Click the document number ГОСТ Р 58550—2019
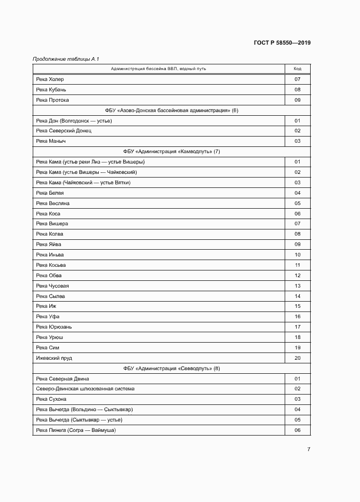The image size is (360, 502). pos(283,43)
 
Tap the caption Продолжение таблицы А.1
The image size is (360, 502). pos(62,59)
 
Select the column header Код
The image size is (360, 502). pos(298,69)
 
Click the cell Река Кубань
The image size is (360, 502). pos(49,90)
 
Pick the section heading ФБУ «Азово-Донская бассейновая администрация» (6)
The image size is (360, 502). pos(171,111)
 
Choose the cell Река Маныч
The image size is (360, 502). pos(50,141)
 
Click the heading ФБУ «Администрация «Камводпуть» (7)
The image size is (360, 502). pos(171,152)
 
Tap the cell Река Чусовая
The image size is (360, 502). pos(52,286)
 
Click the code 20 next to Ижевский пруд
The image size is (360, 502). pos(298,358)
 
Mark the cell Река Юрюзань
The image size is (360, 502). pos(54,327)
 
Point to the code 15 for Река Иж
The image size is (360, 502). pos(298,306)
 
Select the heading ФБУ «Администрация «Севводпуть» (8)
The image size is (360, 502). pos(171,369)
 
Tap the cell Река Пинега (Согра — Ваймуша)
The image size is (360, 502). pos(76,430)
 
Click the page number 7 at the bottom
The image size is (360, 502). pos(309,450)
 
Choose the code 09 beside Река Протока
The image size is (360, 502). pos(298,100)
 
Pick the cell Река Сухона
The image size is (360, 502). pos(51,399)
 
